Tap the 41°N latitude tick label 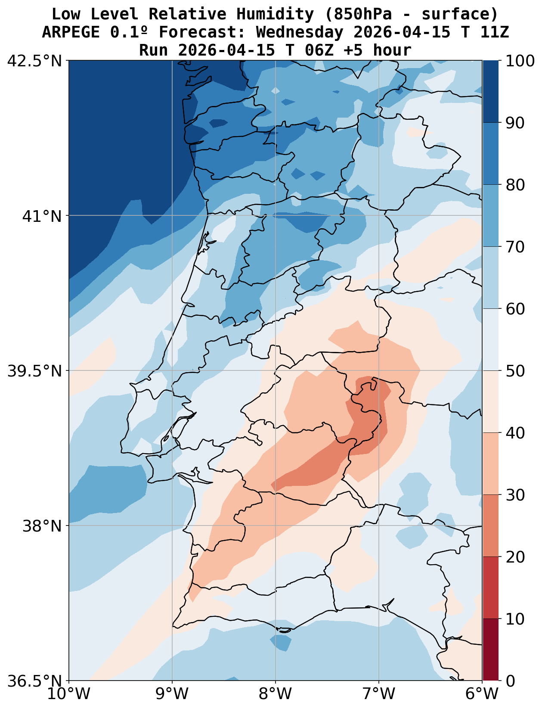[42, 216]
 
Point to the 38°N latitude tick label [42, 526]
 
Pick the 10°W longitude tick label [69, 694]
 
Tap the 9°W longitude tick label [172, 694]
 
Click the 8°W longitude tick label [276, 694]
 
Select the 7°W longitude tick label [379, 694]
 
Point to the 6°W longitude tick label [482, 694]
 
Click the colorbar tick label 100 [520, 61]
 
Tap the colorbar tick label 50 [515, 371]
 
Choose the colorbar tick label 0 [510, 681]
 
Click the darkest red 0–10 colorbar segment [490, 650]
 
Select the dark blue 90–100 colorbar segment [490, 91]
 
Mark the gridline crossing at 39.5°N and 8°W [276, 370]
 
